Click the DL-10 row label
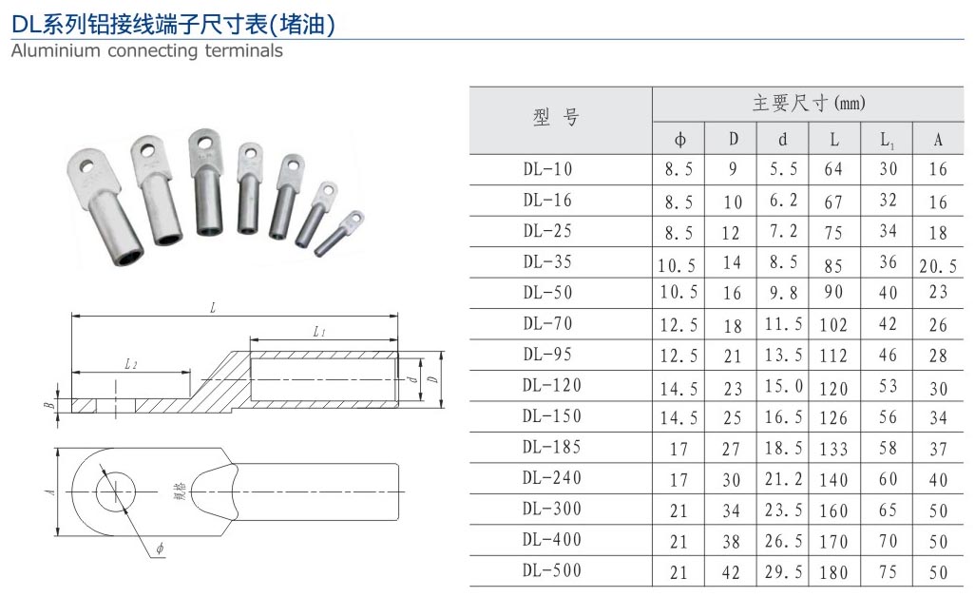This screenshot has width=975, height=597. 547,169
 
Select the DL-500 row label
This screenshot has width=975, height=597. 551,570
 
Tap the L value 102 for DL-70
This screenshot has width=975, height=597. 833,325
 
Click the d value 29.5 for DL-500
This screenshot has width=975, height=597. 783,572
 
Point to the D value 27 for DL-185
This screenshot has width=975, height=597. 732,449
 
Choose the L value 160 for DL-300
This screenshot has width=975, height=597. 833,510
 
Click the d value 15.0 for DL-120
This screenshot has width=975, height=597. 783,386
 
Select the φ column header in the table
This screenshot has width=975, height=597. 680,140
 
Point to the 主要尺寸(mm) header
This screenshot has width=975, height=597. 809,104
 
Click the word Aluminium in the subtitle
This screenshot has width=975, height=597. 55,51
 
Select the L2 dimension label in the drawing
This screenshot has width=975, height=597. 130,364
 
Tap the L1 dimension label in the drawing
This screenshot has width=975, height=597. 319,332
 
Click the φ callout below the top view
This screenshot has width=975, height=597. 159,549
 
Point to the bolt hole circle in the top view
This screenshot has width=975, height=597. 113,490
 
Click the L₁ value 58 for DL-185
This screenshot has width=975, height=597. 888,449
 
